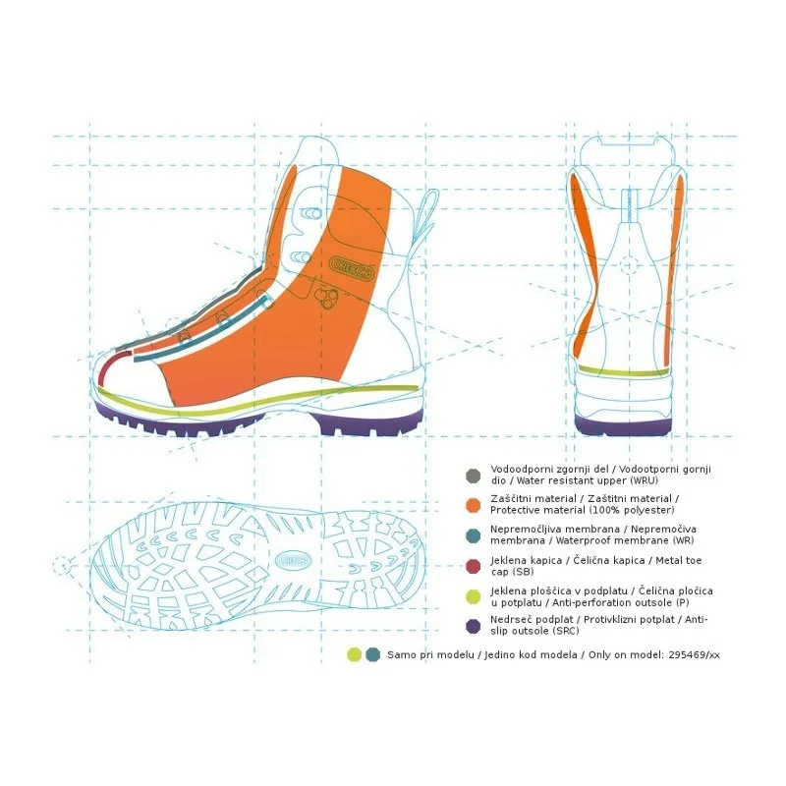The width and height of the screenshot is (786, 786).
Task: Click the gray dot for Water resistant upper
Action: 474,476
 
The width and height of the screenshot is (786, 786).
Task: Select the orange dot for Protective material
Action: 474,505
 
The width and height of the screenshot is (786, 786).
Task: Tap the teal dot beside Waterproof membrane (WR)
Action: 474,535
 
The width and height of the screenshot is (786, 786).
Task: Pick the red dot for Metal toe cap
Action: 474,566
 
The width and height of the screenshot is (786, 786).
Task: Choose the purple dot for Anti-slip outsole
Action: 474,626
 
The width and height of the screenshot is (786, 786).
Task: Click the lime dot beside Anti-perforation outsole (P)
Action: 474,596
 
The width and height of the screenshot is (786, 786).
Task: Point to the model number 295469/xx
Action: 694,654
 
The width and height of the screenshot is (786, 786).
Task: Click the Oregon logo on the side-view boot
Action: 352,268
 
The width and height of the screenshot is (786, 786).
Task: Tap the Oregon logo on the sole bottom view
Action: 293,559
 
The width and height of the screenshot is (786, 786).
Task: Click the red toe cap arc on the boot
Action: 108,365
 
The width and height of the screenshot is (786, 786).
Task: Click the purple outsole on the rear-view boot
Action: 623,424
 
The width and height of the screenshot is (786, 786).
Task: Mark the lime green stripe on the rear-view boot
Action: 624,371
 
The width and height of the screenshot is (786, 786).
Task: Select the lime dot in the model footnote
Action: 355,654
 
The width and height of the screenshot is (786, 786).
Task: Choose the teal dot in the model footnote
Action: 373,654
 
